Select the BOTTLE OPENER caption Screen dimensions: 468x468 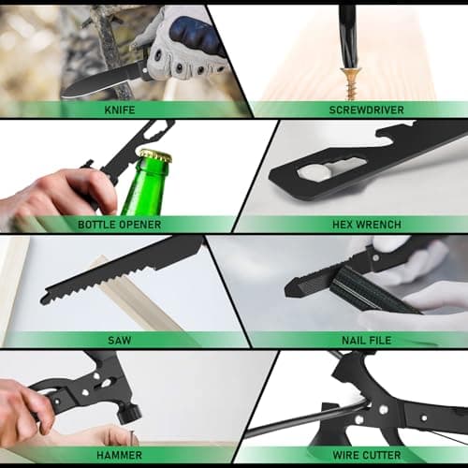(x=120, y=225)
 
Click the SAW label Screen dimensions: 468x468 (x=120, y=341)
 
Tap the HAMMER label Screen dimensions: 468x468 (x=120, y=456)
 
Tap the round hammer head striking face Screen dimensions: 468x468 (x=129, y=412)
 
